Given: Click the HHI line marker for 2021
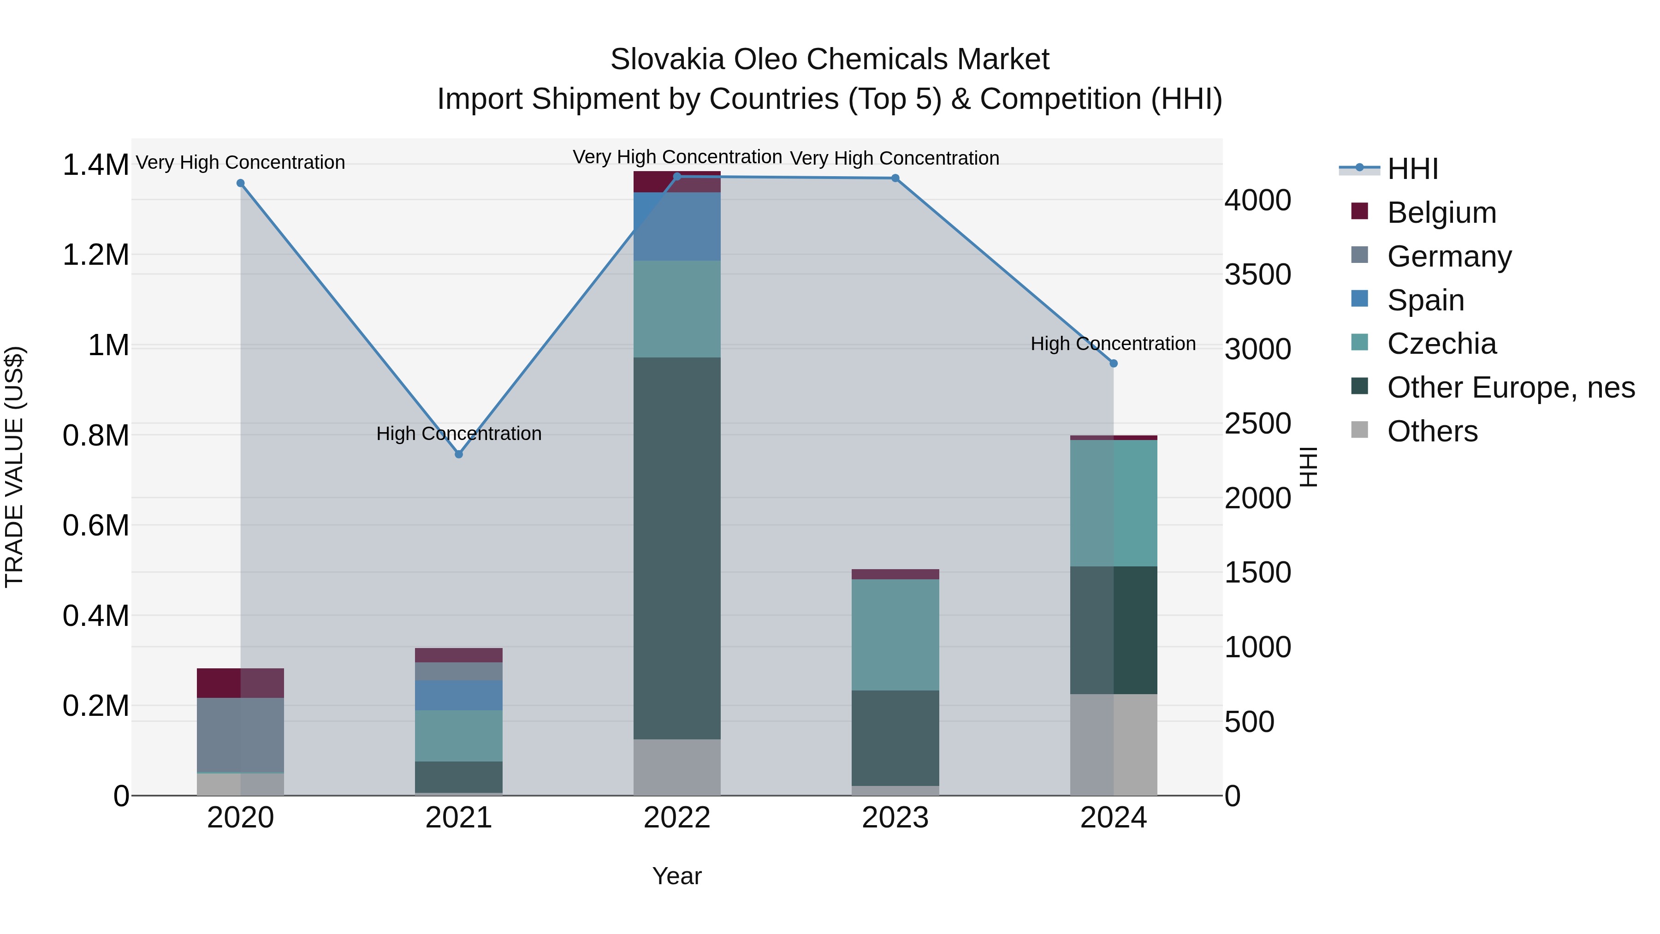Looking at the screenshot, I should [459, 454].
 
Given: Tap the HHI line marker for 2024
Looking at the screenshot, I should [1114, 363].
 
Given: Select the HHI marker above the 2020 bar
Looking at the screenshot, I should [240, 183].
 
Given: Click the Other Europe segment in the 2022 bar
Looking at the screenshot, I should [676, 548].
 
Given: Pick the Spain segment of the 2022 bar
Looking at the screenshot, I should [676, 226].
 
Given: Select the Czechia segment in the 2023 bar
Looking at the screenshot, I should [895, 635].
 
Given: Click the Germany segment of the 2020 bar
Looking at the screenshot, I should [240, 735].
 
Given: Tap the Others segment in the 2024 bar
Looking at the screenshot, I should [1114, 744].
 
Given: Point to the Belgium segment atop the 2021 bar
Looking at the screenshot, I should [459, 655].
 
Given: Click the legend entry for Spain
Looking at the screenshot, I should [1425, 300].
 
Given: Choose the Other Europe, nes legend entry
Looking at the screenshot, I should [1511, 388].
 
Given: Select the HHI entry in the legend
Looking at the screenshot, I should [1412, 169].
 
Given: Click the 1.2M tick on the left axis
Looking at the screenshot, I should [95, 255].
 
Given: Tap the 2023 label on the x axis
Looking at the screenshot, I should [895, 818].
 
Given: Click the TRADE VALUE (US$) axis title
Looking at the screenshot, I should [15, 467].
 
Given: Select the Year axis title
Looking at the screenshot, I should [676, 876].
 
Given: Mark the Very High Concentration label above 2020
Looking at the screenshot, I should [240, 162].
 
